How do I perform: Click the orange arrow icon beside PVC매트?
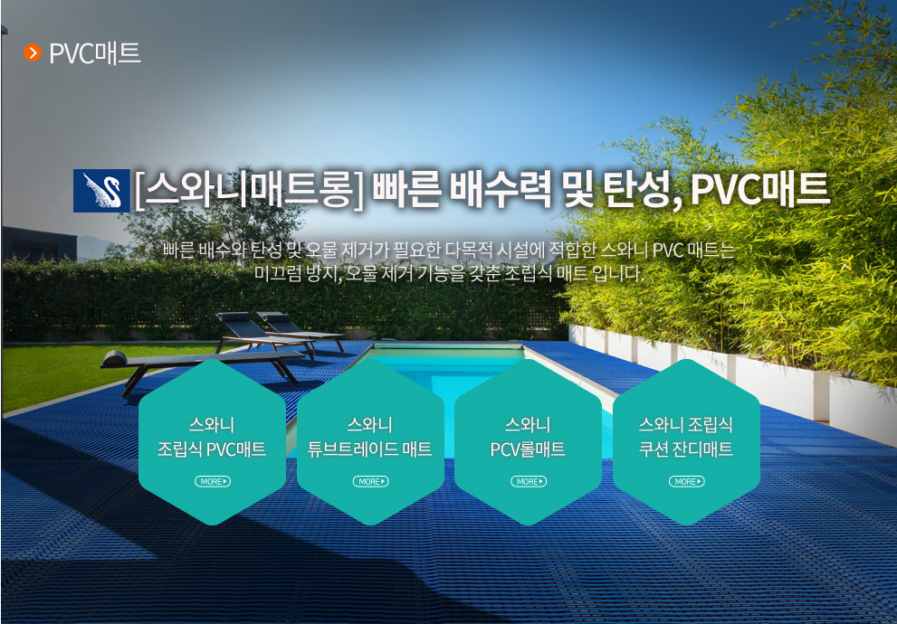33,53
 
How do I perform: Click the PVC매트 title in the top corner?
95,53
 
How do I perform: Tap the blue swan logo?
101,190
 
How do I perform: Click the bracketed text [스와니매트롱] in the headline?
250,189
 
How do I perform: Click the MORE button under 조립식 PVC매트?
212,482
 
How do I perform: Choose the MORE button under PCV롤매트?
529,482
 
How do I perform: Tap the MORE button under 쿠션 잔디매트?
686,482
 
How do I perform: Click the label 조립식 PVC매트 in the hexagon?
212,449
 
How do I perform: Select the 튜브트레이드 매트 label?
369,449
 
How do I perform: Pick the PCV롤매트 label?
528,449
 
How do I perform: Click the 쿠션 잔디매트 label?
685,449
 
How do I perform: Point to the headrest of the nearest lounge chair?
114,358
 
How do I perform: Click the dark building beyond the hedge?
39,244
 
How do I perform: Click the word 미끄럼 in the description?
278,274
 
